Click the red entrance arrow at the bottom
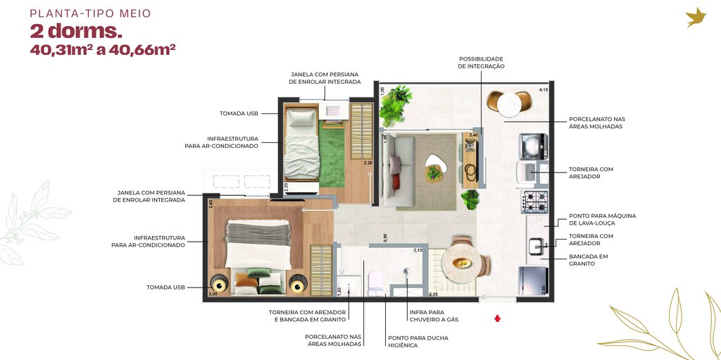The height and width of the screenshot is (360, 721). click(497, 318)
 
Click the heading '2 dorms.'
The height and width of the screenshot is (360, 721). click(76, 32)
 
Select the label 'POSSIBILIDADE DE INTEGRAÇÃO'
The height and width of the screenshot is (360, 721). click(481, 62)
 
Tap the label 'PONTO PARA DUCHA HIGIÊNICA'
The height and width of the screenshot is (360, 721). click(418, 342)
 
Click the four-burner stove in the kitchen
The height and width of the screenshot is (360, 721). click(534, 201)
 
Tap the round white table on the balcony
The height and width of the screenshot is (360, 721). click(509, 104)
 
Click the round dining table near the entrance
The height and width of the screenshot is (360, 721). click(462, 263)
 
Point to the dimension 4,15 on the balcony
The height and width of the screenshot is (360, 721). click(543, 90)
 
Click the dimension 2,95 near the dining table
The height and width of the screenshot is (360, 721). click(434, 293)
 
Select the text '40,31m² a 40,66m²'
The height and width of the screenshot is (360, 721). click(103, 50)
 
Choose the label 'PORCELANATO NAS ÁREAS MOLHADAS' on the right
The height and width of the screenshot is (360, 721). click(596, 123)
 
